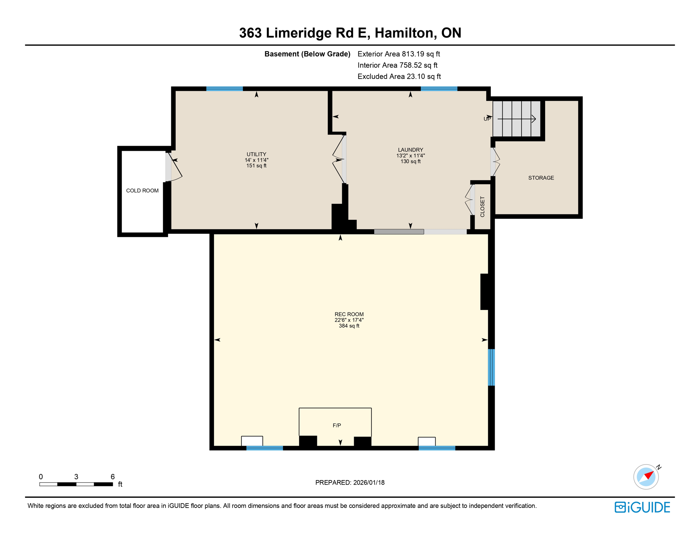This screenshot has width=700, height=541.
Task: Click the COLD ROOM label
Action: point(142,191)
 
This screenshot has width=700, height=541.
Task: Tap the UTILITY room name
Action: point(256,154)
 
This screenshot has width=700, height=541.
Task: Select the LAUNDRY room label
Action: point(410,150)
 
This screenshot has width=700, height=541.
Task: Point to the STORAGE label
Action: point(541,178)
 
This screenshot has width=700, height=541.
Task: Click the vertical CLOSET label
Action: point(482,207)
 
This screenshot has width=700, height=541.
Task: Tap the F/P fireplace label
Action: point(337,425)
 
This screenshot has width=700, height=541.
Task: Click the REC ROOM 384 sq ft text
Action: point(349,326)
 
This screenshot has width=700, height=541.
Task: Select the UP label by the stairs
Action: point(487,119)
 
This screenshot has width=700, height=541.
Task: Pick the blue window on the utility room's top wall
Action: point(224,89)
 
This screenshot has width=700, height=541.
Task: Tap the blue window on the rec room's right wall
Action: point(491,367)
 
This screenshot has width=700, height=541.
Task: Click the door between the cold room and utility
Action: point(169,167)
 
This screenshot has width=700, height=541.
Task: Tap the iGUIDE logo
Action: point(642,507)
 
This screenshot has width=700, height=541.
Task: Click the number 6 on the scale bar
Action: point(113,477)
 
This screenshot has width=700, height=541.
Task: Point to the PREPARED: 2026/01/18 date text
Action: point(350,483)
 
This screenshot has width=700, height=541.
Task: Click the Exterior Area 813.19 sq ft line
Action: point(399,54)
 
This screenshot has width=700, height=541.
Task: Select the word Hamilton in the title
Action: point(404,33)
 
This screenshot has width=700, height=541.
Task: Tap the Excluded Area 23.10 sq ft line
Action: point(399,76)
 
